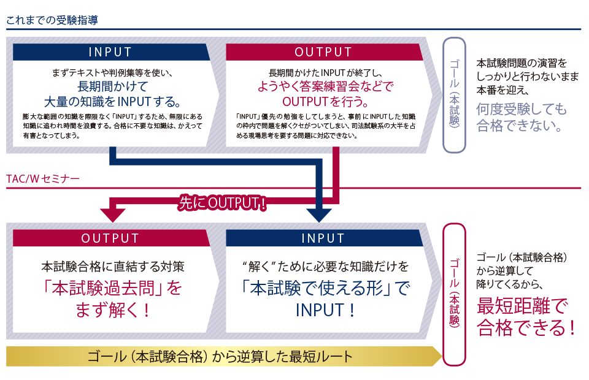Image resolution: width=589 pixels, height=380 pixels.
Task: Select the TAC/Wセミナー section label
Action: (x=42, y=179)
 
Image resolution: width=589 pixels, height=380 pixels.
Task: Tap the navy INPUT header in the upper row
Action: (x=110, y=52)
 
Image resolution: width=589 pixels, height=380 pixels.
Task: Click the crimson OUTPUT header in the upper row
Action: (x=323, y=52)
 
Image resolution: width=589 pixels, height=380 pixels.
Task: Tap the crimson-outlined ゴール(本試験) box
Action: (x=454, y=294)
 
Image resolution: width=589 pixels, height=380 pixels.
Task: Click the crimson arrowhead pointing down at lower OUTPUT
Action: (x=112, y=214)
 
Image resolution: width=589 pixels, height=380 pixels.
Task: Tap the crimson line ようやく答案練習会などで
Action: (x=325, y=86)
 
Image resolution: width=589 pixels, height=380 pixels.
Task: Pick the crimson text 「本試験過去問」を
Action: (x=113, y=287)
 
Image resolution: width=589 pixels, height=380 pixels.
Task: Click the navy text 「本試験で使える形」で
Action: (x=325, y=287)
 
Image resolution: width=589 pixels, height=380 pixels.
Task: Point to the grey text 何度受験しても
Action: (x=522, y=110)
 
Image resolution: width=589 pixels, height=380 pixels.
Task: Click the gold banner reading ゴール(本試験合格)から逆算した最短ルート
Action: (x=221, y=356)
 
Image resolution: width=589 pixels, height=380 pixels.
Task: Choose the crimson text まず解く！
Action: (x=113, y=310)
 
